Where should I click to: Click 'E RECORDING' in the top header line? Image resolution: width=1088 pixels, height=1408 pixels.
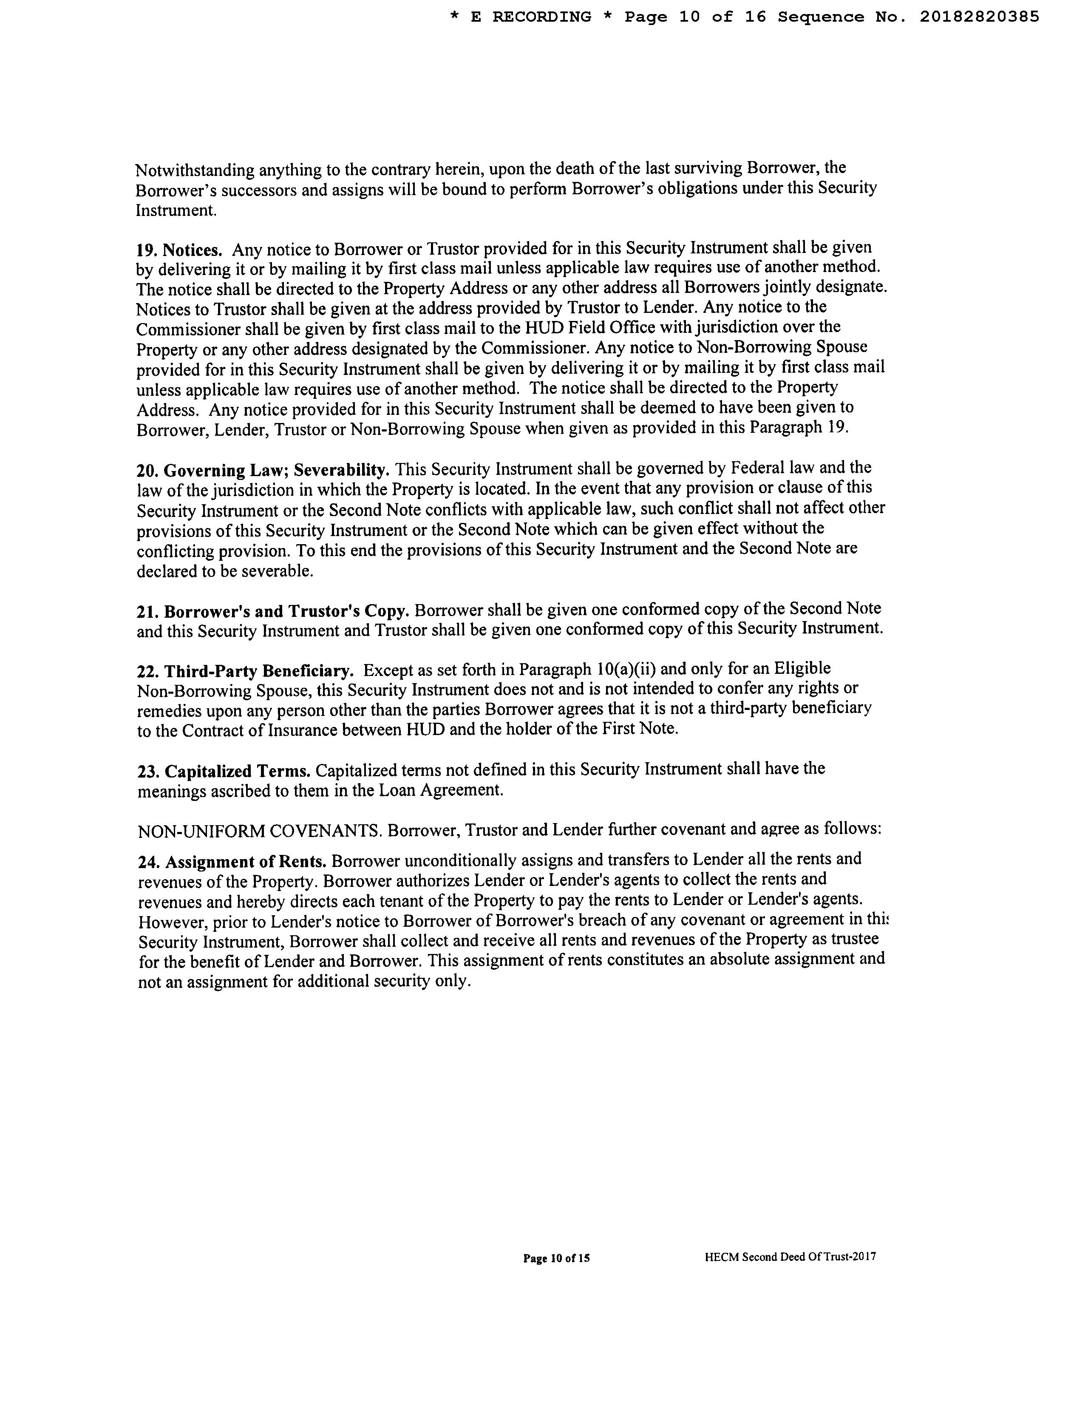pos(531,17)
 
